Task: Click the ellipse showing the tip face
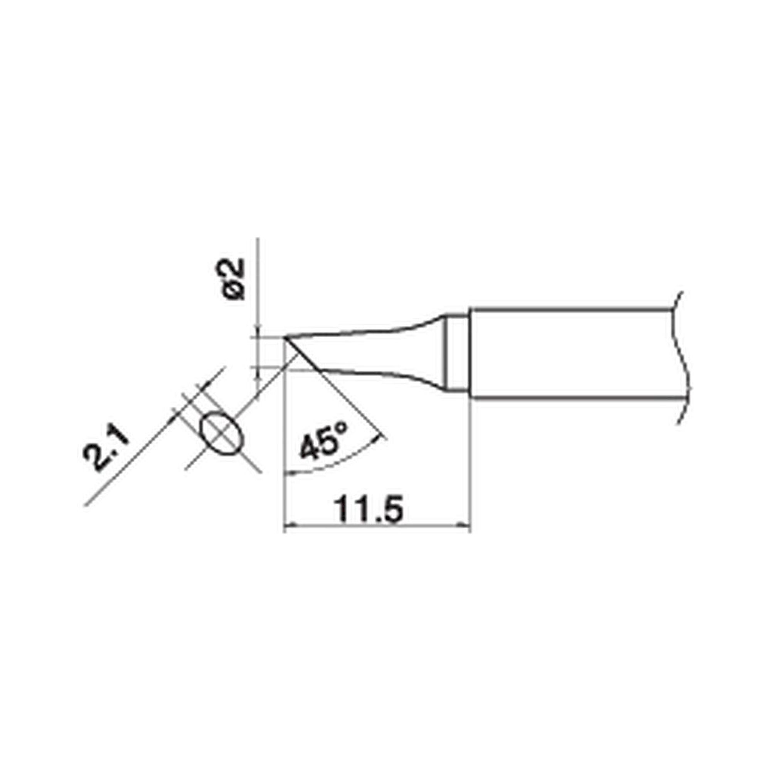(x=222, y=432)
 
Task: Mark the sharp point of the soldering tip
(x=285, y=338)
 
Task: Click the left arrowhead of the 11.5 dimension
(x=287, y=526)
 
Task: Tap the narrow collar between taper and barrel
(x=457, y=354)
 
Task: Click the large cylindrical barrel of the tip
(x=571, y=353)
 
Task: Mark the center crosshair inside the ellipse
(x=222, y=432)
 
